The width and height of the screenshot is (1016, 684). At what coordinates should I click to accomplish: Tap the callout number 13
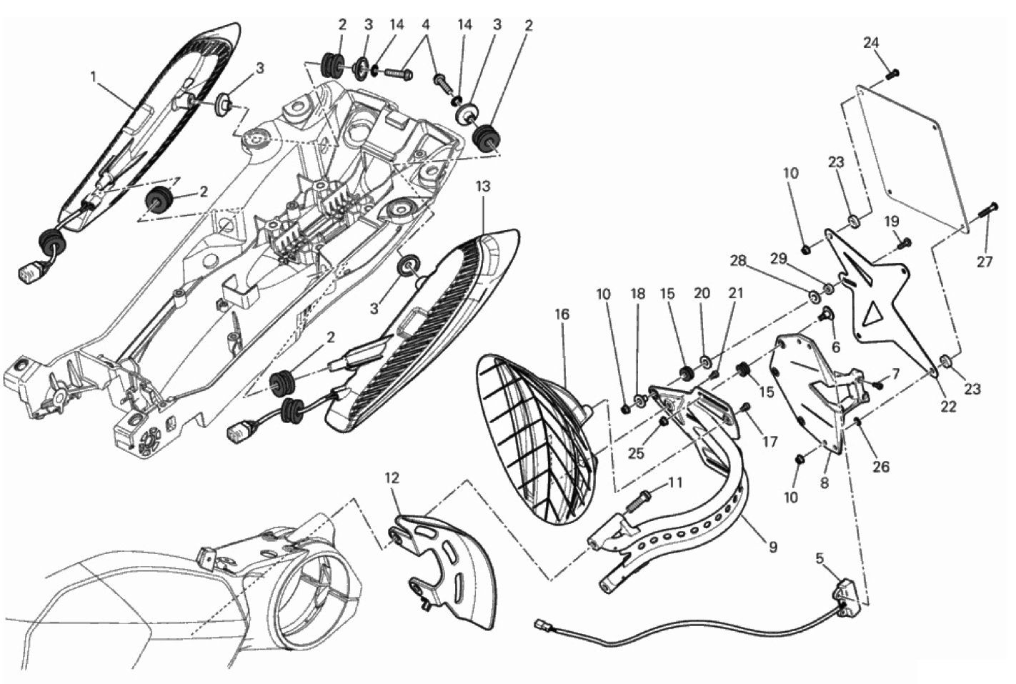(484, 187)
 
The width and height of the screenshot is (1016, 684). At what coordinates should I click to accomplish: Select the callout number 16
(562, 314)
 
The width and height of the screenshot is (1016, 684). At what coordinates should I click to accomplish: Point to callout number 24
(871, 43)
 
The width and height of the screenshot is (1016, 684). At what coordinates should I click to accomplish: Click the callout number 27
(985, 262)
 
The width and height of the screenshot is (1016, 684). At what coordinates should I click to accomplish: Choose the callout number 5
(819, 558)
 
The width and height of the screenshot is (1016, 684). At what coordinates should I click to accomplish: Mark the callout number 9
(772, 547)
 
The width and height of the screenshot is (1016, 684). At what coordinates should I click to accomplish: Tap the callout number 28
(738, 261)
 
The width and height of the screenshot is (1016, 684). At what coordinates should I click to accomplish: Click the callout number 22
(948, 407)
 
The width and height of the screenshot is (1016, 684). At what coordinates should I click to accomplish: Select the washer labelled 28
(815, 297)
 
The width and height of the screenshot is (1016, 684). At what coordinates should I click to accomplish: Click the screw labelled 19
(904, 244)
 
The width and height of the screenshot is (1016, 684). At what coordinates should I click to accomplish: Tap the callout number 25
(637, 452)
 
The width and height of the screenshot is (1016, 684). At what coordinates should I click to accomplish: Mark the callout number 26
(881, 466)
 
